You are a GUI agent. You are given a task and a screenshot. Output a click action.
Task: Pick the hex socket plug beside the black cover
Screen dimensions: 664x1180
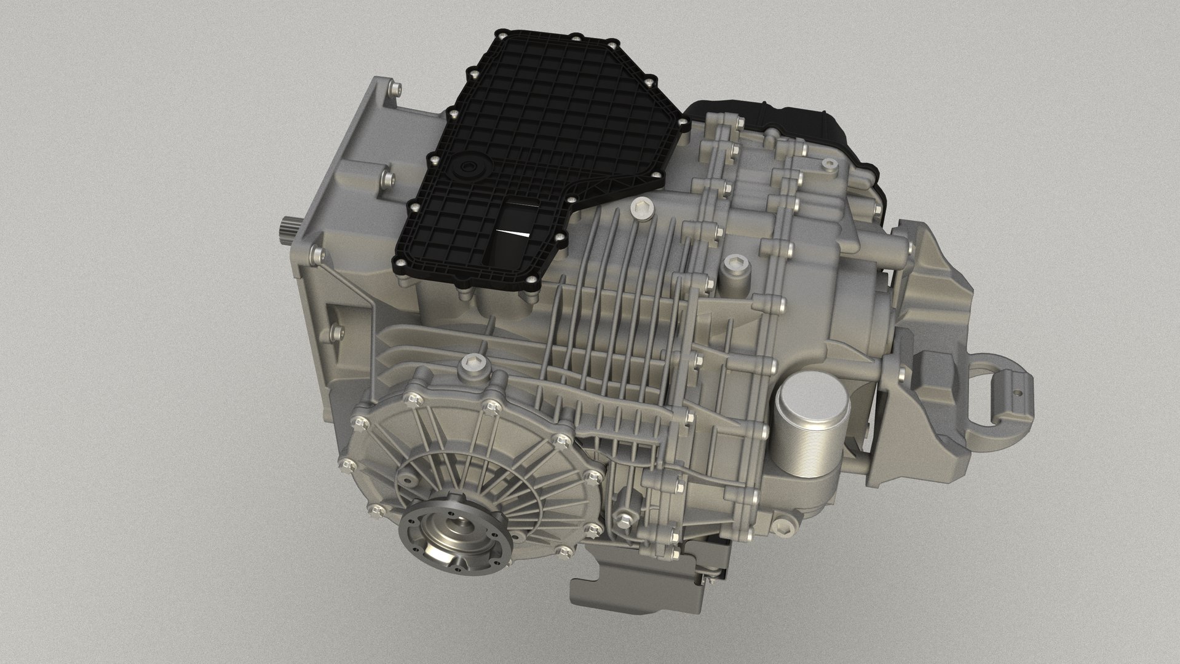click(641, 209)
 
